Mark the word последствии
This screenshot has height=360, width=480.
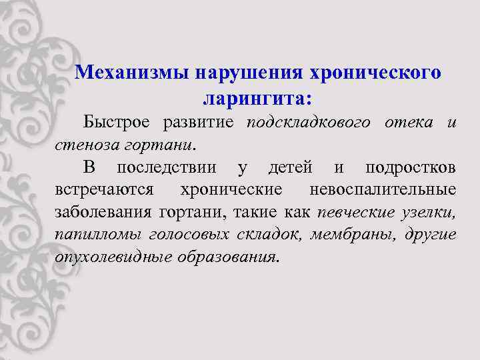(x=165, y=167)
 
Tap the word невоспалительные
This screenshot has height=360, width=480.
(x=383, y=189)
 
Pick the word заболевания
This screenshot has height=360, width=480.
(x=103, y=212)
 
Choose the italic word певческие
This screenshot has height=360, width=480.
(x=355, y=212)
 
